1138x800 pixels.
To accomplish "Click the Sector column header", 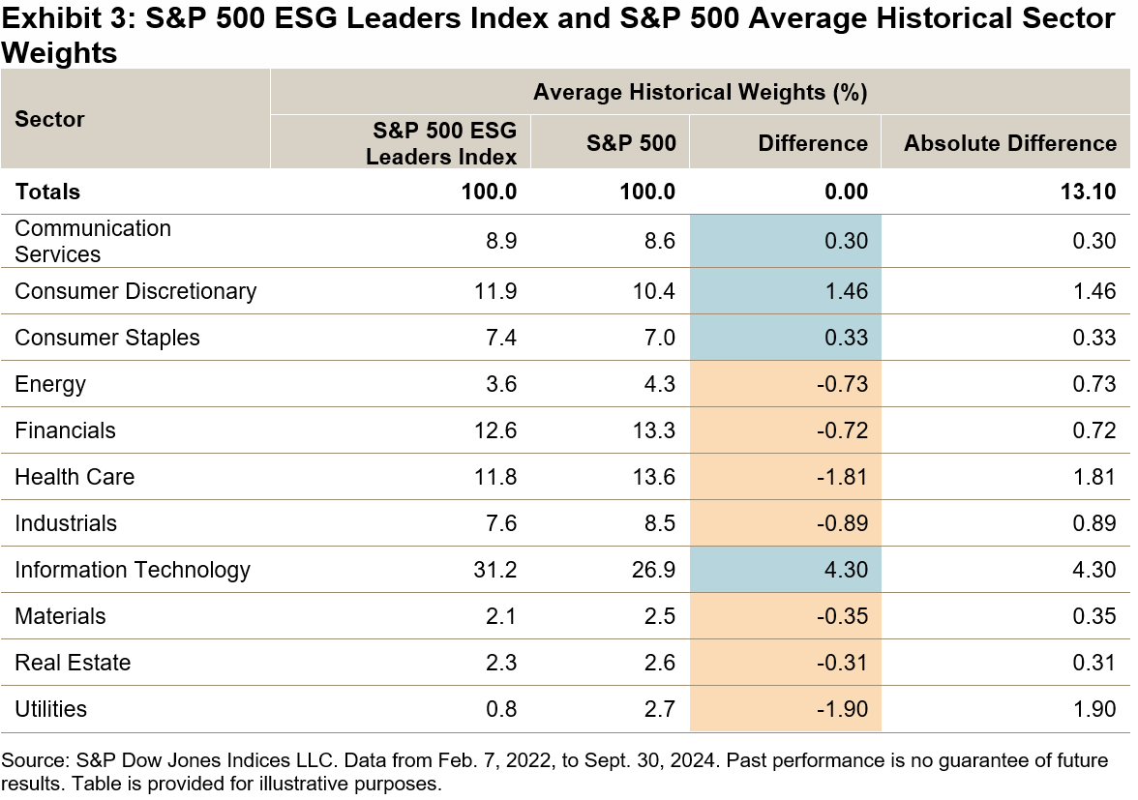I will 49,119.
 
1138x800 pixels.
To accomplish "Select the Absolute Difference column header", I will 1009,143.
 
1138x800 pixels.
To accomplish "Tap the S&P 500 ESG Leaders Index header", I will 441,143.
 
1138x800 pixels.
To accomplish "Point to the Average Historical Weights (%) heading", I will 699,93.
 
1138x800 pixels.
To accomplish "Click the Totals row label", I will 47,192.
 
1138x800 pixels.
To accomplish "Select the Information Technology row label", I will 133,570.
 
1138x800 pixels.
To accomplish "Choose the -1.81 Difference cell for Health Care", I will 845,477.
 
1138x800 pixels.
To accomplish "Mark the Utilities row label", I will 50,709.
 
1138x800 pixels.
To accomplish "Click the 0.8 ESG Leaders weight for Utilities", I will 502,709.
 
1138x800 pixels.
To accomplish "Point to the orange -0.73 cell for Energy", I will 845,384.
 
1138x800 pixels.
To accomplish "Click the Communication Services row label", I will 93,241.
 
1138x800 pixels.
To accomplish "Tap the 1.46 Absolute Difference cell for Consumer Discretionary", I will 1095,291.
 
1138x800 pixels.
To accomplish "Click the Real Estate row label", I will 73,663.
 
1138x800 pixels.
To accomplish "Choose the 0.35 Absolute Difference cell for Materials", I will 1095,616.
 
